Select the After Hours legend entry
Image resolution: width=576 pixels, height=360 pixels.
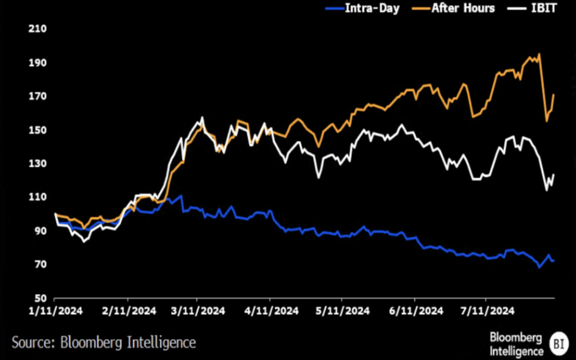click(x=455, y=8)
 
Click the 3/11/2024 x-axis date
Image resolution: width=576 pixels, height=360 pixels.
click(x=197, y=310)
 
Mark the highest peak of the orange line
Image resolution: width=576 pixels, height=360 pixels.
click(x=539, y=54)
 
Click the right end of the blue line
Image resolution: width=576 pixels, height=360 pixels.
click(x=554, y=261)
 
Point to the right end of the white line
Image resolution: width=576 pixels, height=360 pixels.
click(x=554, y=174)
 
